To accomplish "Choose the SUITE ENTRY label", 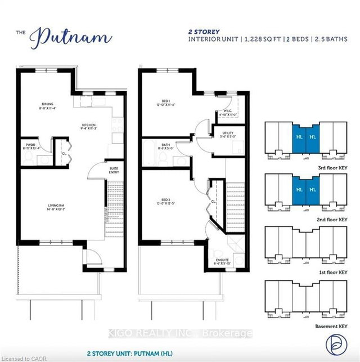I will (101, 167).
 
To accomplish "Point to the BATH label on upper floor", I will (166, 145).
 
